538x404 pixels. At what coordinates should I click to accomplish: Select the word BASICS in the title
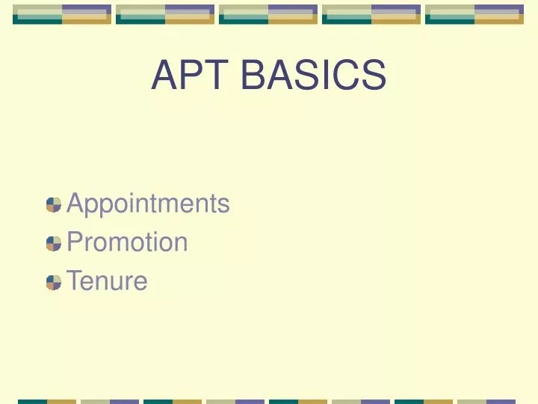click(313, 76)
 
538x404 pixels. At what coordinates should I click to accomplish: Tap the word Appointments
click(148, 203)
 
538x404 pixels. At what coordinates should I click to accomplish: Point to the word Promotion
click(127, 242)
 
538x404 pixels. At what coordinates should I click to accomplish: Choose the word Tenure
click(107, 281)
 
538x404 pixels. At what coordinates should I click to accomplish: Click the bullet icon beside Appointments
click(53, 204)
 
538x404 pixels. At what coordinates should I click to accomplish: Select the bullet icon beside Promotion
click(53, 243)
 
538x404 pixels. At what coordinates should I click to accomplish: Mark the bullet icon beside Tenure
click(53, 282)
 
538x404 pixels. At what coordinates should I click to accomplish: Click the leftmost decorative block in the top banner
click(62, 14)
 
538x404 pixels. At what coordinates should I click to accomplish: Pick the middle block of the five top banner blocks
click(268, 14)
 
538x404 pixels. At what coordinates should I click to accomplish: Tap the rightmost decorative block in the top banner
click(474, 14)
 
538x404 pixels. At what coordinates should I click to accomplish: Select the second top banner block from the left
click(165, 14)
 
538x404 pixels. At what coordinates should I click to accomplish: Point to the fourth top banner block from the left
click(371, 14)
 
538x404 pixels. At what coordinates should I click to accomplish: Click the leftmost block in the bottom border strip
click(46, 401)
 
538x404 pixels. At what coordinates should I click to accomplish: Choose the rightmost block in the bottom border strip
click(486, 401)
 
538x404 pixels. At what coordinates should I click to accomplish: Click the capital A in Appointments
click(75, 203)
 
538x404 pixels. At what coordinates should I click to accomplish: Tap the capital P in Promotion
click(75, 242)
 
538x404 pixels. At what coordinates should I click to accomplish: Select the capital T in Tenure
click(74, 281)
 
